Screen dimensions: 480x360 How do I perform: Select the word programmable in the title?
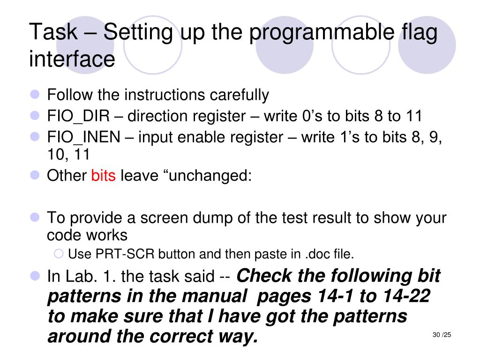tap(322, 34)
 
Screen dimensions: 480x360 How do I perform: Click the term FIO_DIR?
tap(78, 116)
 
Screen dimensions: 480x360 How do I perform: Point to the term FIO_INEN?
tap(83, 137)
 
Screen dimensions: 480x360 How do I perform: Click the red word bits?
tap(104, 176)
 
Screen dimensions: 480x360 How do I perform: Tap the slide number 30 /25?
tap(442, 335)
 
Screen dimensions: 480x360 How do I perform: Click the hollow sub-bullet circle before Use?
tap(59, 254)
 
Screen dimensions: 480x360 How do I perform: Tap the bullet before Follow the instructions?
tap(35, 94)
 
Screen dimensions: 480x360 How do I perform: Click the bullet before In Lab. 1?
tap(35, 276)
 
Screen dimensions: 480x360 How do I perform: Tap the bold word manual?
tap(214, 296)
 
